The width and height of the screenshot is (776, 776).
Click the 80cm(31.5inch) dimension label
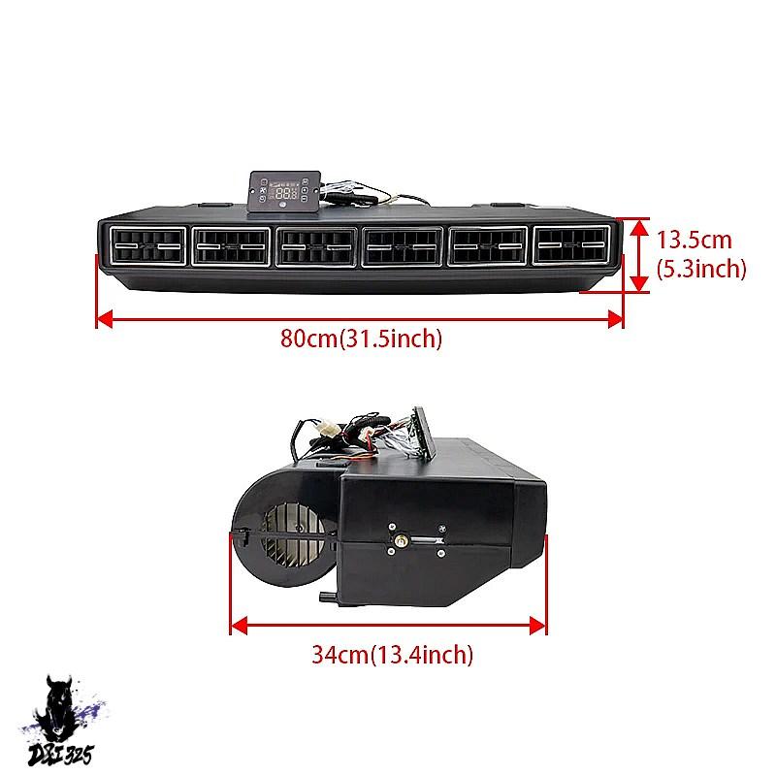pyautogui.click(x=361, y=339)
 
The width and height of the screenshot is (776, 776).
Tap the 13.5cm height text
pyautogui.click(x=694, y=240)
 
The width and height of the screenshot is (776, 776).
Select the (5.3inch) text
pyautogui.click(x=701, y=269)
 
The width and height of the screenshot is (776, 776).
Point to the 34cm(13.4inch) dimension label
pyautogui.click(x=393, y=654)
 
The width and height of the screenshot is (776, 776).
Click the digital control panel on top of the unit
pyautogui.click(x=284, y=192)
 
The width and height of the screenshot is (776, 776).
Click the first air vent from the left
pyautogui.click(x=147, y=245)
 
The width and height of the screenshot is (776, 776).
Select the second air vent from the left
pyautogui.click(x=231, y=246)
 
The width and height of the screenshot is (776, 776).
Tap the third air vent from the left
pyautogui.click(x=316, y=246)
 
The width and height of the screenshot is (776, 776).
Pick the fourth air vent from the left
pyautogui.click(x=402, y=246)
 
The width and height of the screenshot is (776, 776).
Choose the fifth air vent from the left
pyautogui.click(x=488, y=246)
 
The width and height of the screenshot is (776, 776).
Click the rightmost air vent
pyautogui.click(x=571, y=244)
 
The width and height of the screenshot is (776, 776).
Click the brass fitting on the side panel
pyautogui.click(x=401, y=539)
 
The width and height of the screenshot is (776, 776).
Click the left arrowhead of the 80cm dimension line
pyautogui.click(x=105, y=319)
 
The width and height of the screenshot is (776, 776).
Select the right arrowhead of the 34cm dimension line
pyautogui.click(x=537, y=626)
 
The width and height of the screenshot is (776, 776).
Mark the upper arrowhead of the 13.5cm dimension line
pyautogui.click(x=640, y=228)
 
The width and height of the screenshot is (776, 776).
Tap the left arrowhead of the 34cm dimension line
pyautogui.click(x=240, y=626)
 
